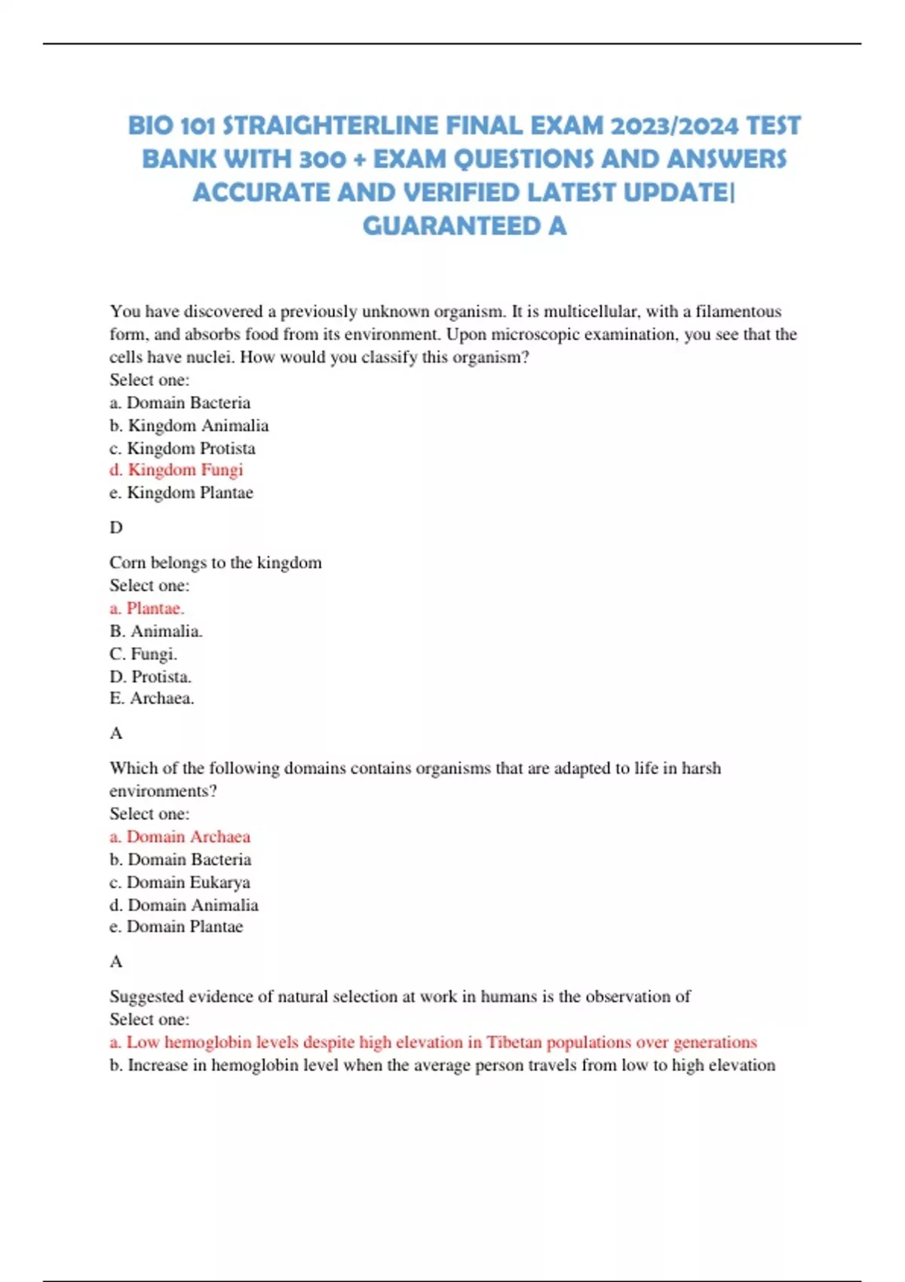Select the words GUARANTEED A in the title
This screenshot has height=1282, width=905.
[464, 225]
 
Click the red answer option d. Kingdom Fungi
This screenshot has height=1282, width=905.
[176, 470]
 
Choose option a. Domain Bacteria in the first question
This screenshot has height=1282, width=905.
[180, 403]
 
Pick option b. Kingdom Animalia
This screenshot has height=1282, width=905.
[189, 425]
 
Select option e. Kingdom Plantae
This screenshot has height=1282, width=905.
[181, 492]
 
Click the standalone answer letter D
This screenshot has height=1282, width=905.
[116, 527]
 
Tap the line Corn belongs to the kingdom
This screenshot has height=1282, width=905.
[216, 563]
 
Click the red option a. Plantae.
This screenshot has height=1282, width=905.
[147, 608]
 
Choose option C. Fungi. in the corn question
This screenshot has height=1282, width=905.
[143, 654]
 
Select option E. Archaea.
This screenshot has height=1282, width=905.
[152, 698]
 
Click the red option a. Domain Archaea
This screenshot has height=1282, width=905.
[179, 836]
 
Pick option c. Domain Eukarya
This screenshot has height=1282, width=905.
[179, 882]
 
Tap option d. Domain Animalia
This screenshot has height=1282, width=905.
[184, 905]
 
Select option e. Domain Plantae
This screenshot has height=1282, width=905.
[176, 927]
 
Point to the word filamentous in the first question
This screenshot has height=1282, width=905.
[738, 311]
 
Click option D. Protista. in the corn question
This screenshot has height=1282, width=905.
[150, 676]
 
